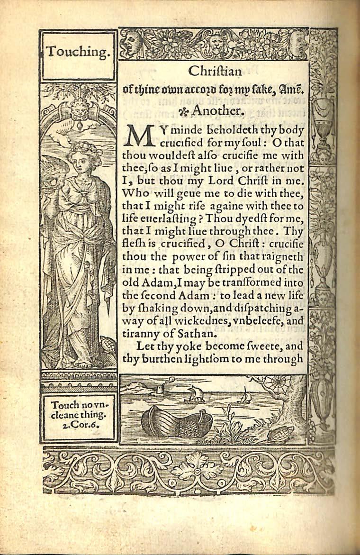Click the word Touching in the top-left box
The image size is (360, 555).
[79, 52]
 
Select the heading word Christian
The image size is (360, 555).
[215, 72]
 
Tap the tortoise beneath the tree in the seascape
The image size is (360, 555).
[280, 433]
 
